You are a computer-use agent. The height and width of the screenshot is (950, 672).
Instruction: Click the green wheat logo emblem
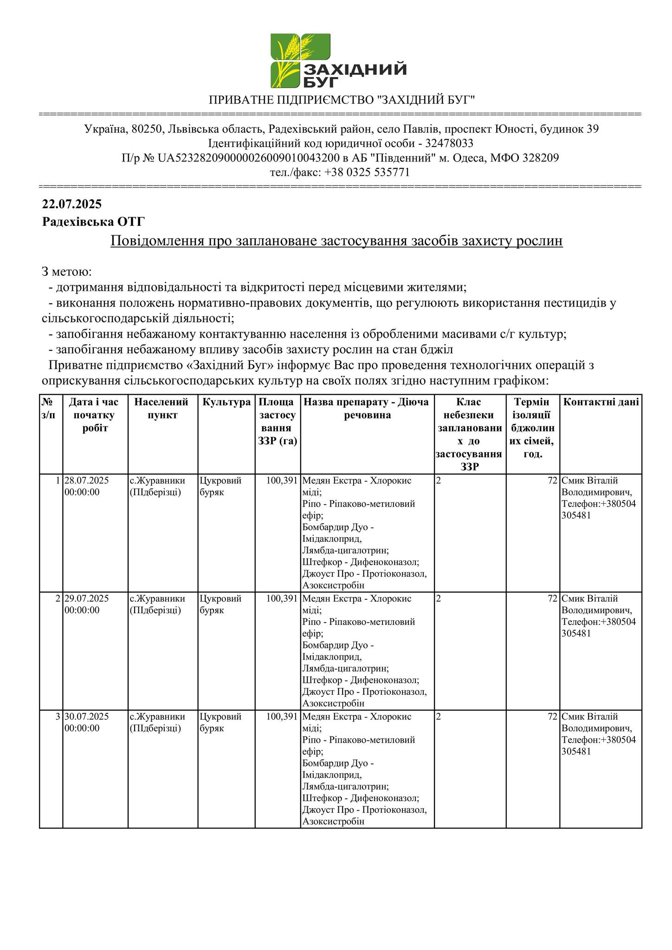(300, 60)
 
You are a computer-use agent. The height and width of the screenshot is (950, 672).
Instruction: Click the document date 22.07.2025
(72, 204)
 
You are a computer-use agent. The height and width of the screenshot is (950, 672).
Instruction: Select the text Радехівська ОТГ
(93, 222)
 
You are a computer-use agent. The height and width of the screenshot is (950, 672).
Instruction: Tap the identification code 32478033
(449, 143)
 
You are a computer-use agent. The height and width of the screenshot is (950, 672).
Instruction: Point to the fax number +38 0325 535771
(367, 173)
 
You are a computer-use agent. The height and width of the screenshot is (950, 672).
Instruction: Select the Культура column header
(226, 402)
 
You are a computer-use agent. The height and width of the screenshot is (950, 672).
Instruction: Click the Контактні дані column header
(601, 402)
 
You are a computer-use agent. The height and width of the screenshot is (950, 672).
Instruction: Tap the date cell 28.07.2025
(87, 481)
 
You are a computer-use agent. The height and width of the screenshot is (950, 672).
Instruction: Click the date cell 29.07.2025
(87, 598)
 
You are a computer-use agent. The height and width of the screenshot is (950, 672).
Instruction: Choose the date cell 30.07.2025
(87, 717)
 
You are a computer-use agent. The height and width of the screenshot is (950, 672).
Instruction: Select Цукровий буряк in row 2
(220, 604)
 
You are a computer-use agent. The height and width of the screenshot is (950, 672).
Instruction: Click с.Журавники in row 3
(157, 717)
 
